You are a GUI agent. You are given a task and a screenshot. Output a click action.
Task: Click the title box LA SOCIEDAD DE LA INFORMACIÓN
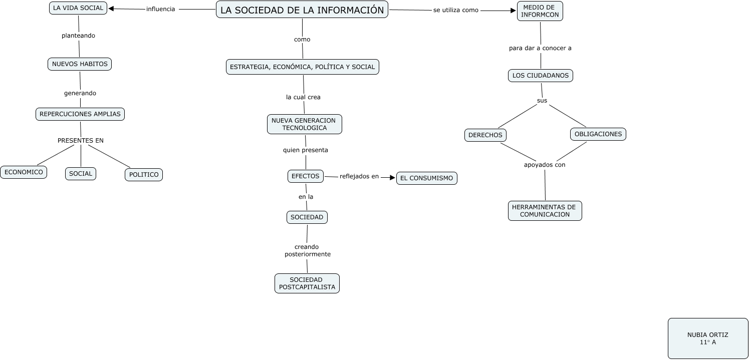pyautogui.click(x=302, y=10)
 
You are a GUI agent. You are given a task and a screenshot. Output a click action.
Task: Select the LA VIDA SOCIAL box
pyautogui.click(x=78, y=8)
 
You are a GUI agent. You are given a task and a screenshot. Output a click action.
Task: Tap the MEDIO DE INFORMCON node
pyautogui.click(x=540, y=11)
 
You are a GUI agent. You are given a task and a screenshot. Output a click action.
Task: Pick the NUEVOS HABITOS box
pyautogui.click(x=80, y=64)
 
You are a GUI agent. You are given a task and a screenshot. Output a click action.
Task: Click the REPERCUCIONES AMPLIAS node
pyautogui.click(x=80, y=114)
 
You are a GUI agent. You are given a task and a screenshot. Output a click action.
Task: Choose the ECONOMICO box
pyautogui.click(x=24, y=172)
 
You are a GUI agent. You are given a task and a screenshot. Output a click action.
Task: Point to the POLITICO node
pyautogui.click(x=144, y=175)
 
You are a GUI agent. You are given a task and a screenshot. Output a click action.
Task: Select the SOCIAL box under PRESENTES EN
pyautogui.click(x=81, y=174)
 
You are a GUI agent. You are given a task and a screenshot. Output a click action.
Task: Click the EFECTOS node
pyautogui.click(x=306, y=176)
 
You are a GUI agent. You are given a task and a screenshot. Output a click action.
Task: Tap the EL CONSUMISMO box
pyautogui.click(x=426, y=178)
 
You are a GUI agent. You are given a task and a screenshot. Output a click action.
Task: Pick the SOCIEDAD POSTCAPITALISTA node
pyautogui.click(x=307, y=283)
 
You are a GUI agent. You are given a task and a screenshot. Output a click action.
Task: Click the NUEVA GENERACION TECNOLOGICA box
pyautogui.click(x=304, y=124)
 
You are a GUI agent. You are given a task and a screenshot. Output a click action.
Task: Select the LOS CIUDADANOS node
pyautogui.click(x=541, y=76)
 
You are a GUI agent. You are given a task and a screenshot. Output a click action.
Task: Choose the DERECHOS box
pyautogui.click(x=485, y=135)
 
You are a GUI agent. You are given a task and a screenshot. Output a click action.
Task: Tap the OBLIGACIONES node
pyautogui.click(x=598, y=134)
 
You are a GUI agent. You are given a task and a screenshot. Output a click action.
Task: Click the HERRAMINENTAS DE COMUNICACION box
pyautogui.click(x=545, y=211)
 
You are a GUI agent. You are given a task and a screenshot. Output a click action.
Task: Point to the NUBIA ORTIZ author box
pyautogui.click(x=708, y=338)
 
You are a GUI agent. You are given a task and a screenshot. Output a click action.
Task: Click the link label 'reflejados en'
pyautogui.click(x=359, y=176)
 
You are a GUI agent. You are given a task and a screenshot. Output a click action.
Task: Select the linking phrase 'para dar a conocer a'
pyautogui.click(x=540, y=49)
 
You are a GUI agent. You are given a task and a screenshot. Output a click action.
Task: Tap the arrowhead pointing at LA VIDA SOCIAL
pyautogui.click(x=112, y=9)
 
